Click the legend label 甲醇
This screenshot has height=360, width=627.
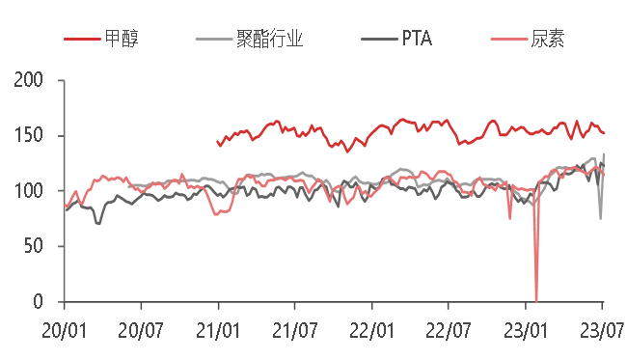pos(122,40)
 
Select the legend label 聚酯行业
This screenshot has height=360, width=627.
pos(270,40)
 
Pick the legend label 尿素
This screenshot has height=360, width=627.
pos(548,40)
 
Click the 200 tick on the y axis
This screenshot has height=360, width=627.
pos(30,80)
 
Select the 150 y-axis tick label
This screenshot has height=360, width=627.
pos(30,135)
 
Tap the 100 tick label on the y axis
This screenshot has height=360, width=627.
pos(30,191)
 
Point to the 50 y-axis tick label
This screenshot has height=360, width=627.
pos(35,246)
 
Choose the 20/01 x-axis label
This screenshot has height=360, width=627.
pos(64,331)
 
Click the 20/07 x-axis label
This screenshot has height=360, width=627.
pos(141,331)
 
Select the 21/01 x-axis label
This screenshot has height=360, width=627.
pos(218,331)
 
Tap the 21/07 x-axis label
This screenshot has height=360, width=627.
pos(294,331)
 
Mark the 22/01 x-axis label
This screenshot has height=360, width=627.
pos(371,331)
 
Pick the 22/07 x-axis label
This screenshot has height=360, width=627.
pos(449,331)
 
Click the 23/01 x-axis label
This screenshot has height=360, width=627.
pos(526,331)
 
